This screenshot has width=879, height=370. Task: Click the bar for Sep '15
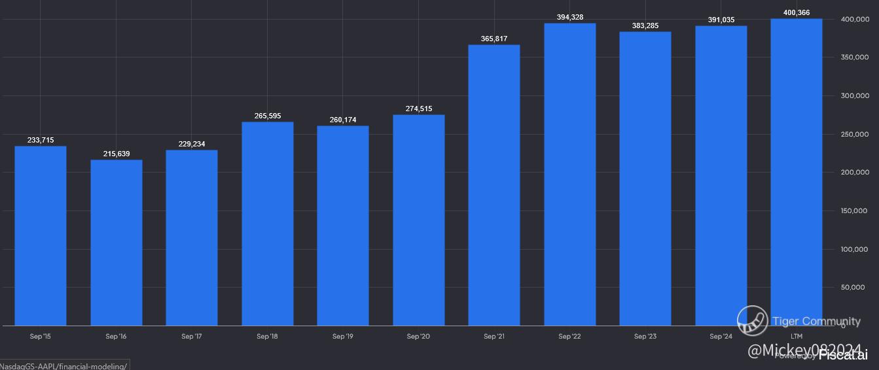point(41,235)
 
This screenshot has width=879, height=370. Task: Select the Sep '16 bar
point(117,242)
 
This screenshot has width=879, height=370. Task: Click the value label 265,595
point(268,116)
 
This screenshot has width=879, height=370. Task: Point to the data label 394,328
point(570,17)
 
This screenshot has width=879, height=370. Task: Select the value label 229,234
point(192,144)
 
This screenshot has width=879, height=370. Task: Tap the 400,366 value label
point(797,12)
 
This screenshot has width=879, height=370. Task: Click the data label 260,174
point(343,120)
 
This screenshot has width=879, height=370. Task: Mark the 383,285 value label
point(645,25)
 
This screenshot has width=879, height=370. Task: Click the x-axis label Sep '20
point(418,337)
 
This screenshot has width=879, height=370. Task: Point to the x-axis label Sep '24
point(721,337)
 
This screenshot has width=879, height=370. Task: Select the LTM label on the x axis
point(797,337)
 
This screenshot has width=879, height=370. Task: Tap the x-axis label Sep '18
point(267,337)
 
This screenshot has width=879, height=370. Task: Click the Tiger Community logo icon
point(752,321)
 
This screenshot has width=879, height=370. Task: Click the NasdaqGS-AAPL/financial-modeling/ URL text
point(63,365)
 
